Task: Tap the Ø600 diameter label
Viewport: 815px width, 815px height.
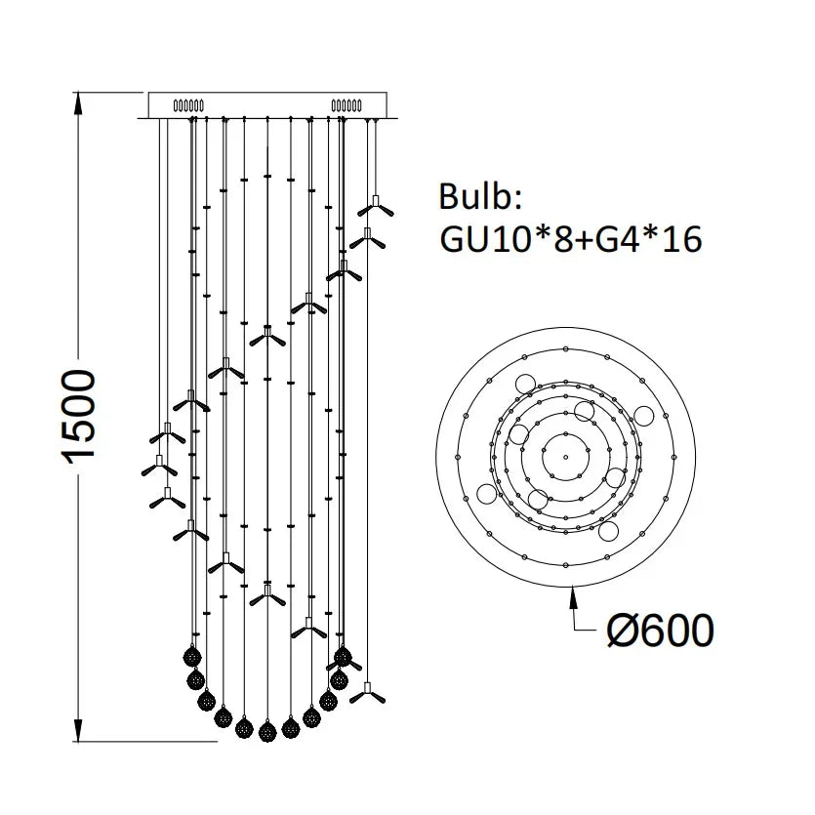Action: [660, 632]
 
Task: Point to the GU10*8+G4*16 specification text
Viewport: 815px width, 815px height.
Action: [570, 239]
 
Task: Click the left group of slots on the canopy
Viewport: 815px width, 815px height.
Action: [187, 103]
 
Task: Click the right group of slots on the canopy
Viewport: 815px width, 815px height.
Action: [347, 103]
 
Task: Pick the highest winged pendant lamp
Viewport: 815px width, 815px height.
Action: [374, 207]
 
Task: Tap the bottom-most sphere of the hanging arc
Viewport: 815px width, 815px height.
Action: [266, 728]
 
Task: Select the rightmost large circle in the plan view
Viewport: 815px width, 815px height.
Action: [643, 415]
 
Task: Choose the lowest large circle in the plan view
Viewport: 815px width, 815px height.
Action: [607, 531]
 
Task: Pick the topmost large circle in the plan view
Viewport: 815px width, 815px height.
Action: [525, 381]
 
